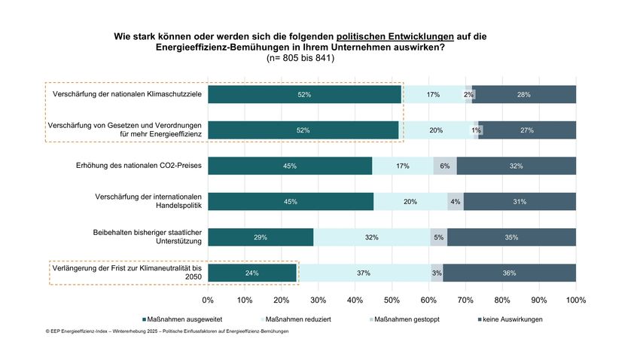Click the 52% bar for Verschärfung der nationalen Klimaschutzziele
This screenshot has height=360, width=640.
point(304,94)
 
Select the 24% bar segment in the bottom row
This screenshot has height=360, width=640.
point(252,273)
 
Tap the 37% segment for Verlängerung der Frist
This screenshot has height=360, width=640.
point(364,273)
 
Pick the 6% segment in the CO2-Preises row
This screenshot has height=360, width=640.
point(444,166)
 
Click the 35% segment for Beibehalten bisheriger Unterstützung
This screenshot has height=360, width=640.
point(511,237)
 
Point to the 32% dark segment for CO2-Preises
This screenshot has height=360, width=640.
point(516,166)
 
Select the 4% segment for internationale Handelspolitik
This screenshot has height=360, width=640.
point(455,201)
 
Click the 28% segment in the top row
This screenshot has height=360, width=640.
point(525,94)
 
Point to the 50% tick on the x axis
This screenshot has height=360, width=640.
point(392,300)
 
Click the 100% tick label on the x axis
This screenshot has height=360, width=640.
point(575,300)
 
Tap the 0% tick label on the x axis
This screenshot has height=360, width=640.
point(209,300)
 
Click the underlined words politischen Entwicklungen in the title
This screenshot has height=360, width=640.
point(395,35)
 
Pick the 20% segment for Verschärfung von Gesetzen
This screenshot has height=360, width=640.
point(436,130)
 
